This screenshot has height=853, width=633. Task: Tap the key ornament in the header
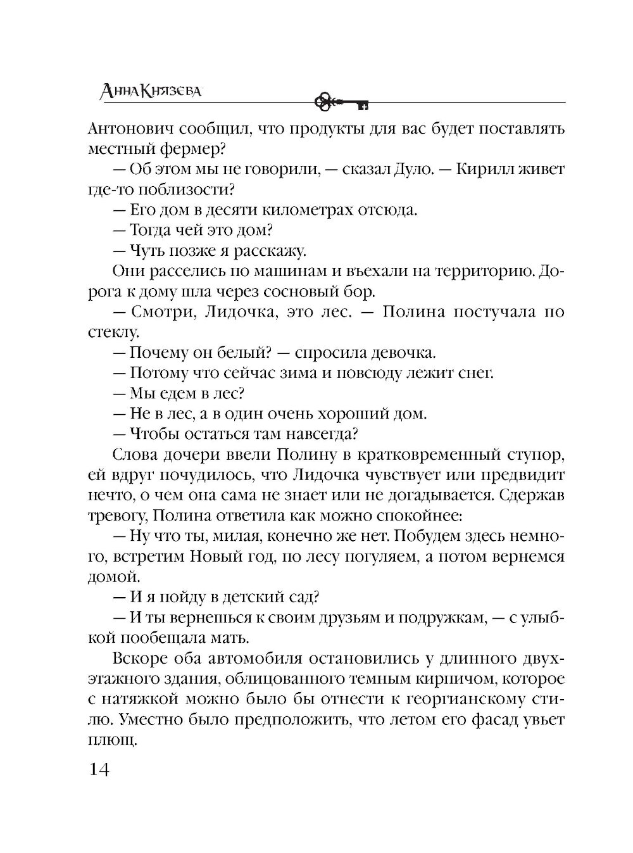tap(341, 100)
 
